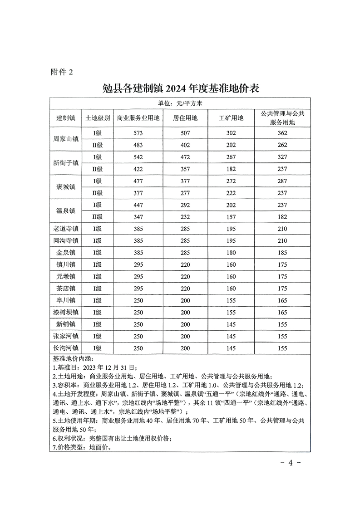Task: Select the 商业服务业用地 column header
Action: coord(138,118)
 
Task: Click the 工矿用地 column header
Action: coord(231,118)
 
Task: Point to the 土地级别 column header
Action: coord(98,118)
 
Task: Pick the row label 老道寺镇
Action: coord(66,229)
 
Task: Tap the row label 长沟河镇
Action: coord(66,348)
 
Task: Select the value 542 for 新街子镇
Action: coord(138,157)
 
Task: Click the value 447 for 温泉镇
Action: coord(138,205)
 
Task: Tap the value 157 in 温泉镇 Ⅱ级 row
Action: coord(231,217)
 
